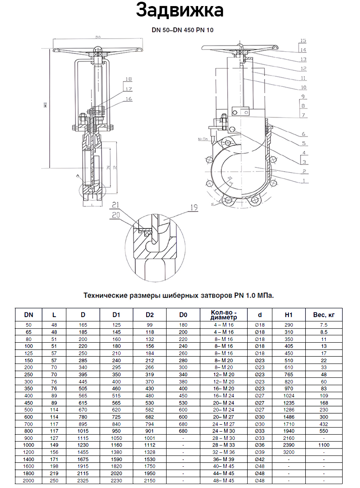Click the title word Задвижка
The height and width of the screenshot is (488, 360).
[x=180, y=10]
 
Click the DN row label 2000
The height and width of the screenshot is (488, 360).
[x=28, y=481]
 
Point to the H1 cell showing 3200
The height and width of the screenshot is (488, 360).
[x=289, y=452]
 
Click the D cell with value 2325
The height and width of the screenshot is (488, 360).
[x=83, y=481]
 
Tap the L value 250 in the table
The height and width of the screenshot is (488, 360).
[x=54, y=481]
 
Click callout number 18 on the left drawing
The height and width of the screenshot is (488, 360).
[x=128, y=79]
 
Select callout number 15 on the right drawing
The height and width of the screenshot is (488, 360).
[x=303, y=40]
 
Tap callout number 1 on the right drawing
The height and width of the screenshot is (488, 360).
[x=304, y=180]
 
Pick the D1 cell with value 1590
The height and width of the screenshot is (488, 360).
[x=116, y=459]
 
